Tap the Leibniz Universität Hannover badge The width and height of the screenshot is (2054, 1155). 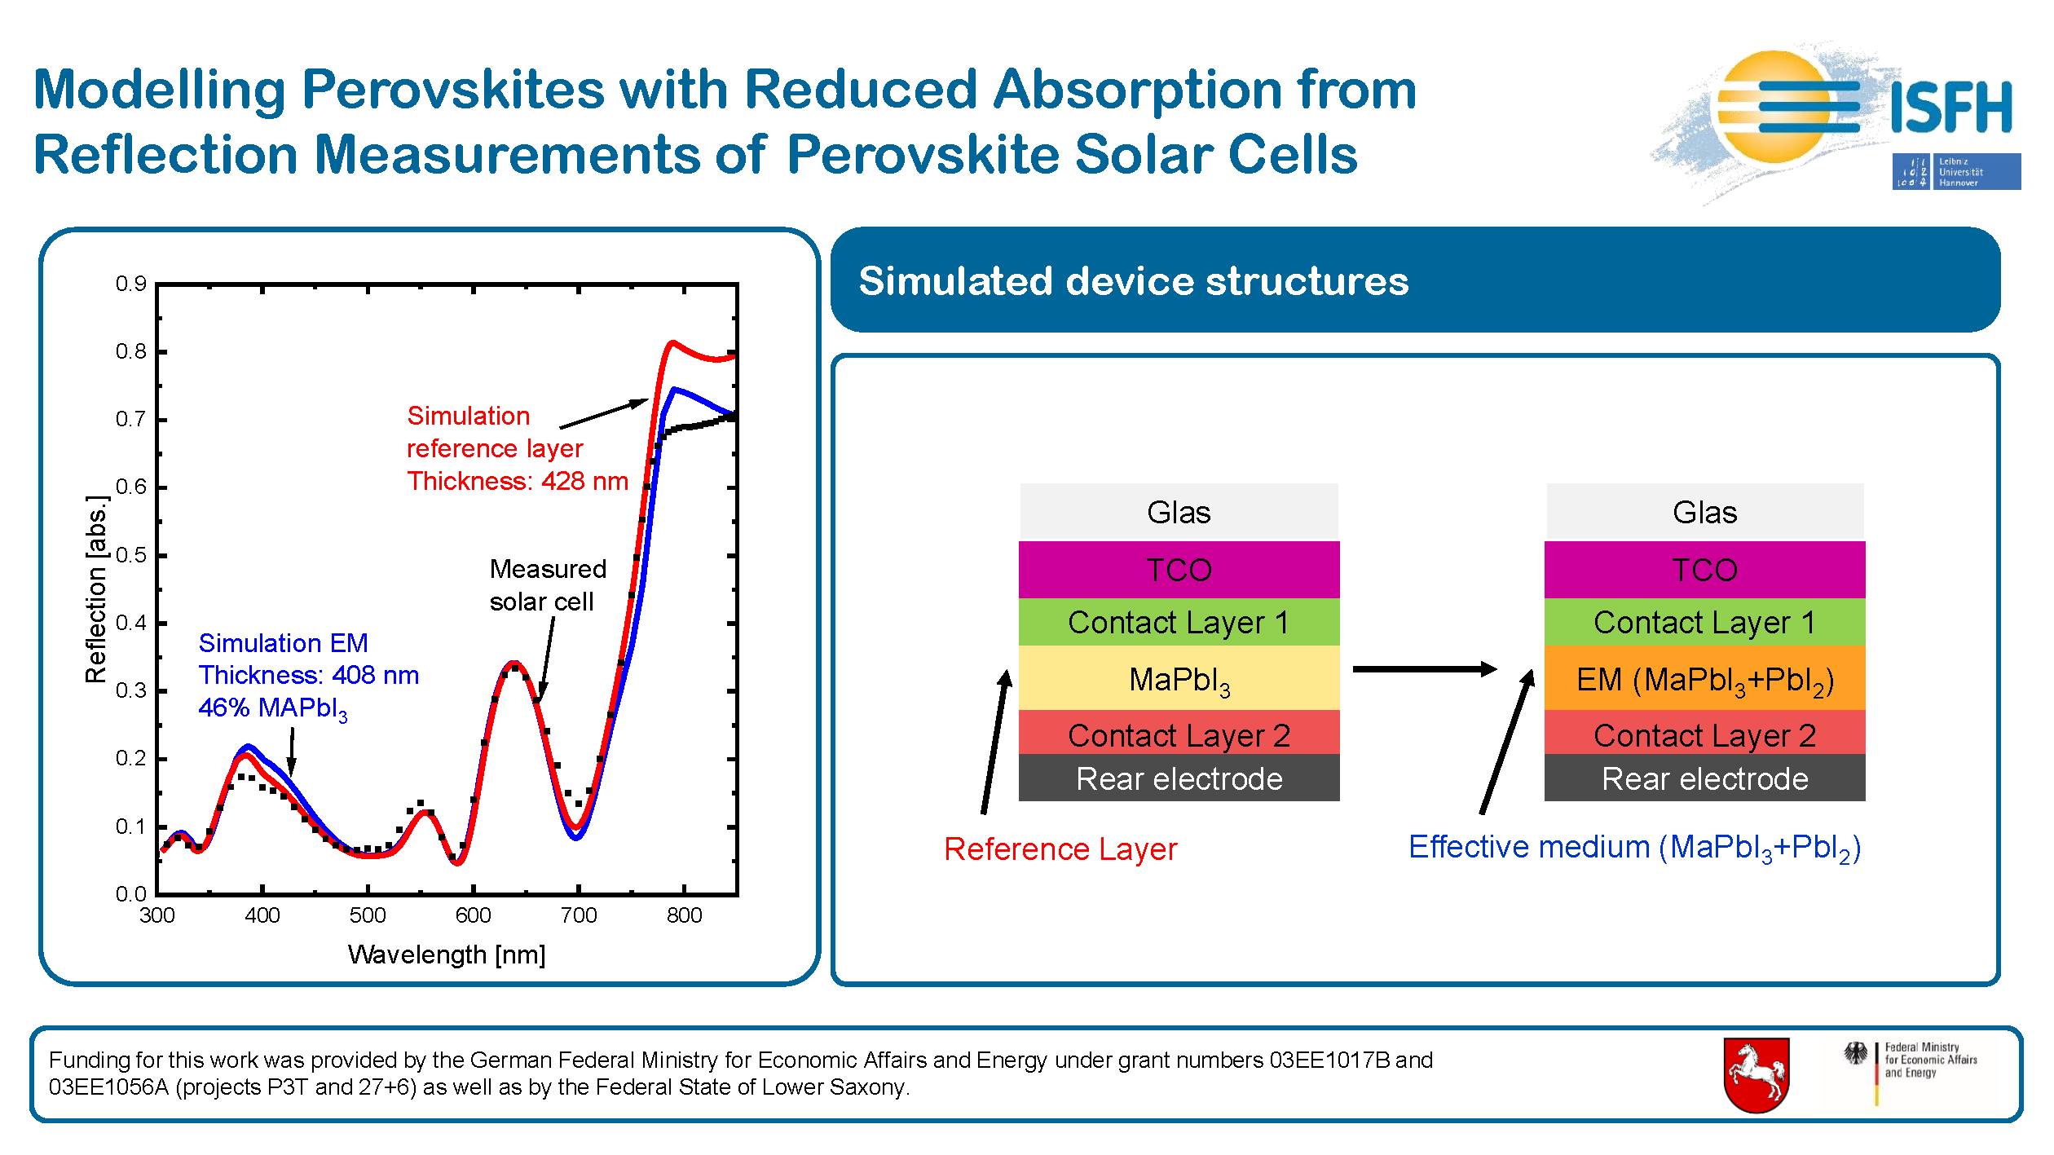click(x=1956, y=171)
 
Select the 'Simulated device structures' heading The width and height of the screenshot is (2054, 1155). click(x=1133, y=281)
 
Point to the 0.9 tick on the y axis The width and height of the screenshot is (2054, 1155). click(x=130, y=284)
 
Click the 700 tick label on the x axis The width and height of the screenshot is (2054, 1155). click(x=579, y=915)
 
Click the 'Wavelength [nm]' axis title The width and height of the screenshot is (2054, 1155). click(x=447, y=954)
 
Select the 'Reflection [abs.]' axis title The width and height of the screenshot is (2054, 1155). click(x=96, y=589)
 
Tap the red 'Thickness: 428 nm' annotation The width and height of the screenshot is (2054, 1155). click(x=518, y=481)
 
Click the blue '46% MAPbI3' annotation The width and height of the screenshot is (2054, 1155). click(x=273, y=708)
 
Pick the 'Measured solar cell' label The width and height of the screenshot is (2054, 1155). click(x=548, y=585)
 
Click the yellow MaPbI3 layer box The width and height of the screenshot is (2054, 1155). click(x=1179, y=678)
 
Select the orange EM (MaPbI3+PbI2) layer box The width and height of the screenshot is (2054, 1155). click(x=1704, y=678)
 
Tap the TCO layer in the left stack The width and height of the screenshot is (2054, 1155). click(x=1179, y=570)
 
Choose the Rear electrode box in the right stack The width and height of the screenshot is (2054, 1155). click(x=1704, y=778)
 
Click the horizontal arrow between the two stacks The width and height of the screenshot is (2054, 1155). click(x=1424, y=669)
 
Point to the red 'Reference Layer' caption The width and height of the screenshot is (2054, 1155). click(x=1060, y=849)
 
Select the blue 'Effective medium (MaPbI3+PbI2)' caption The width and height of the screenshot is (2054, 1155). click(x=1634, y=849)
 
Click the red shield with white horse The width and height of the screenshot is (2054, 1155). click(x=1756, y=1074)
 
